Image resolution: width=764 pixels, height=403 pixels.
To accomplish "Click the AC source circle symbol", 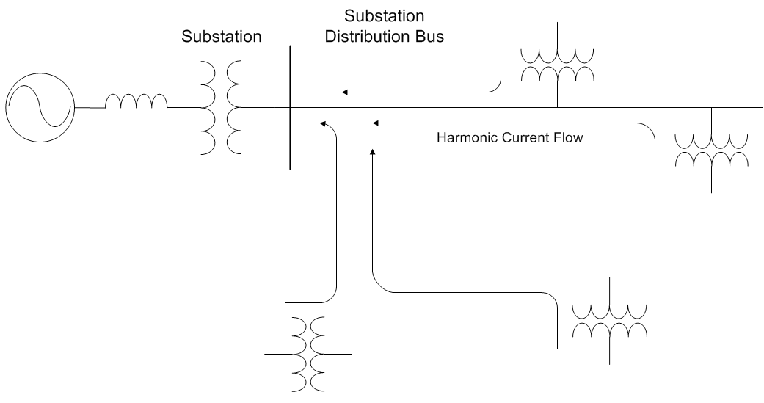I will pos(40,108).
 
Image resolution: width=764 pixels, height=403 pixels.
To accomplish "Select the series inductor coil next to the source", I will pos(136,102).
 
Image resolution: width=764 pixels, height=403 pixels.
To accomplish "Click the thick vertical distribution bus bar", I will pos(291,108).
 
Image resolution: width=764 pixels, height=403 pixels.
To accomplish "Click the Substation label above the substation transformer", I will pos(221,36).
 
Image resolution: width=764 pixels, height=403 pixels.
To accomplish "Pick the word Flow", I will pos(566,137).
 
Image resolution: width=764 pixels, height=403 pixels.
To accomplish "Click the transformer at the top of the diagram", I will pos(556,65).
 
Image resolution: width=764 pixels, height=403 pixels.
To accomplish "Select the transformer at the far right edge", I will pos(711,150).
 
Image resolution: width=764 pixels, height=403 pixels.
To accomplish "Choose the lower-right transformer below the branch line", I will pos(609,320).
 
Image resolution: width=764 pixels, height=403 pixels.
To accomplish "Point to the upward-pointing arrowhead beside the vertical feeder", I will pos(373,151).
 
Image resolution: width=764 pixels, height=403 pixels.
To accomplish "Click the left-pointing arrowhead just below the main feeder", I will pos(375,123).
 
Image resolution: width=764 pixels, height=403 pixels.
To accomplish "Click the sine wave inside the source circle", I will pos(40,108).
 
